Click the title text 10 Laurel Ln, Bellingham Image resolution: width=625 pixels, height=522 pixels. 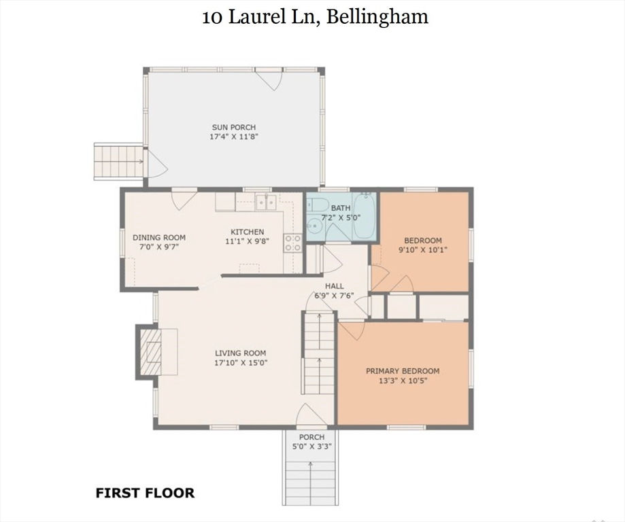315,17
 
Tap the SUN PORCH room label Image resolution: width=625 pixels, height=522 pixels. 234,128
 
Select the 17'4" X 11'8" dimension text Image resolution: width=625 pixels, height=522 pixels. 234,137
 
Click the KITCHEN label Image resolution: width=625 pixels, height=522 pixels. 247,232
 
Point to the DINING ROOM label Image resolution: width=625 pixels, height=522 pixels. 159,237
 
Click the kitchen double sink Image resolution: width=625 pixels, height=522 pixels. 266,203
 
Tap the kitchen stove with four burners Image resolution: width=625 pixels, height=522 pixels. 292,243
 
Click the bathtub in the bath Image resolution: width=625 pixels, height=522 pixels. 365,216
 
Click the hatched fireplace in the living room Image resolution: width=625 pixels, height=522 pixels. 150,352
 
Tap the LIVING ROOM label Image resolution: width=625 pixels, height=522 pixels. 240,353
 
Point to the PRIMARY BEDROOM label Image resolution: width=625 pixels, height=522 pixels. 403,371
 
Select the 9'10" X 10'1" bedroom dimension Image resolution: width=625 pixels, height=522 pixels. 423,250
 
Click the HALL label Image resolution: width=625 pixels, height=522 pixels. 334,286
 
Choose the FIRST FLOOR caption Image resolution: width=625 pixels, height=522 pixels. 145,493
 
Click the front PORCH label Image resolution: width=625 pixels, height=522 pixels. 311,437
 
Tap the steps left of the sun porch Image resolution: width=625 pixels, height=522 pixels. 119,161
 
